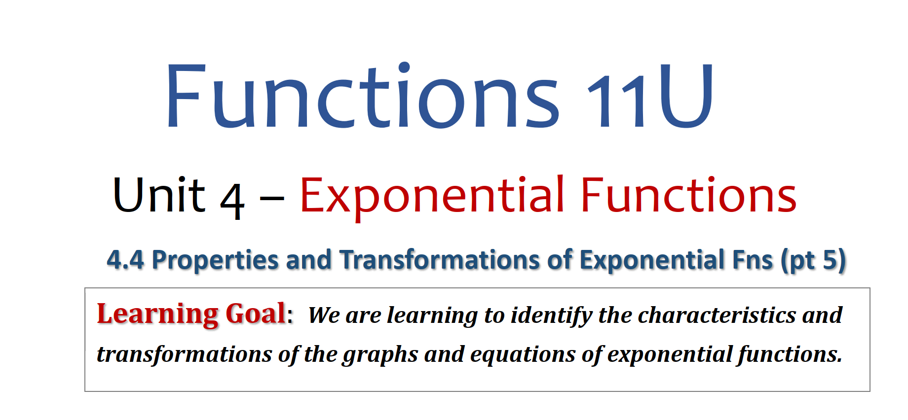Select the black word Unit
[x=158, y=195]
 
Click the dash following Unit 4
[x=272, y=200]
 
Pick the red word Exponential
[x=432, y=197]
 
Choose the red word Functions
[x=689, y=195]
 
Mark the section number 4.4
[x=125, y=260]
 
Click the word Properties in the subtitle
[x=215, y=260]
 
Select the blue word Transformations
[x=439, y=260]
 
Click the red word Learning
[x=157, y=315]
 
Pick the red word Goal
[x=256, y=313]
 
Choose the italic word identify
[x=551, y=316]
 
